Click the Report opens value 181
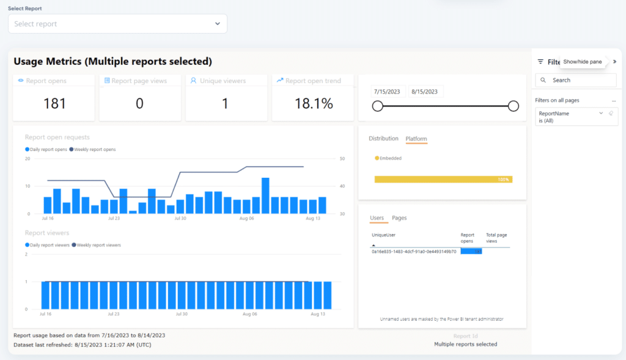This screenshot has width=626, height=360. [x=54, y=103]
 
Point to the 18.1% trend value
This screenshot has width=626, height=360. [x=314, y=103]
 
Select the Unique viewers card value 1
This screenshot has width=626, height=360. [x=225, y=103]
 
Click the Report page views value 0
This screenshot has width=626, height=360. [x=139, y=103]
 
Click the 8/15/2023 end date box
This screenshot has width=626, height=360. [x=426, y=92]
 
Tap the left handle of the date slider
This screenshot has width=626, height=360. [x=378, y=106]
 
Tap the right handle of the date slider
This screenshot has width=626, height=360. [x=514, y=106]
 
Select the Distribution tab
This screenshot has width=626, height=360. [x=383, y=139]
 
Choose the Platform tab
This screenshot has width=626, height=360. [x=416, y=139]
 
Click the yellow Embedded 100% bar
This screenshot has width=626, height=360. [x=443, y=179]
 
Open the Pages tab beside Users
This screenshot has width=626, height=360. [x=399, y=218]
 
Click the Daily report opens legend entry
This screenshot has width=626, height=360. [x=46, y=149]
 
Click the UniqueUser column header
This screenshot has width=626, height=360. [x=383, y=235]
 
